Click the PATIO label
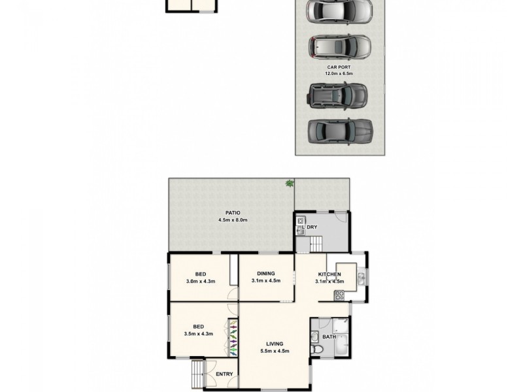pos(233,213)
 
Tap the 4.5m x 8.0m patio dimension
pos(233,220)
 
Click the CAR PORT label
pos(339,67)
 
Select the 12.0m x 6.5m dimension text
pos(339,74)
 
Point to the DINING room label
pos(265,274)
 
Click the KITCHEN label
pos(329,274)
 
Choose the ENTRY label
pos(224,374)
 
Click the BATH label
pos(329,337)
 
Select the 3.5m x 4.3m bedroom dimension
pos(200,334)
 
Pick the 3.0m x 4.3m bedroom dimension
pos(200,281)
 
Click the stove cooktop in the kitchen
pos(339,295)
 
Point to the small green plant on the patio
pos(289,185)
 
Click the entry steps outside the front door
pos(197,374)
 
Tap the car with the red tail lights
pos(339,46)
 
